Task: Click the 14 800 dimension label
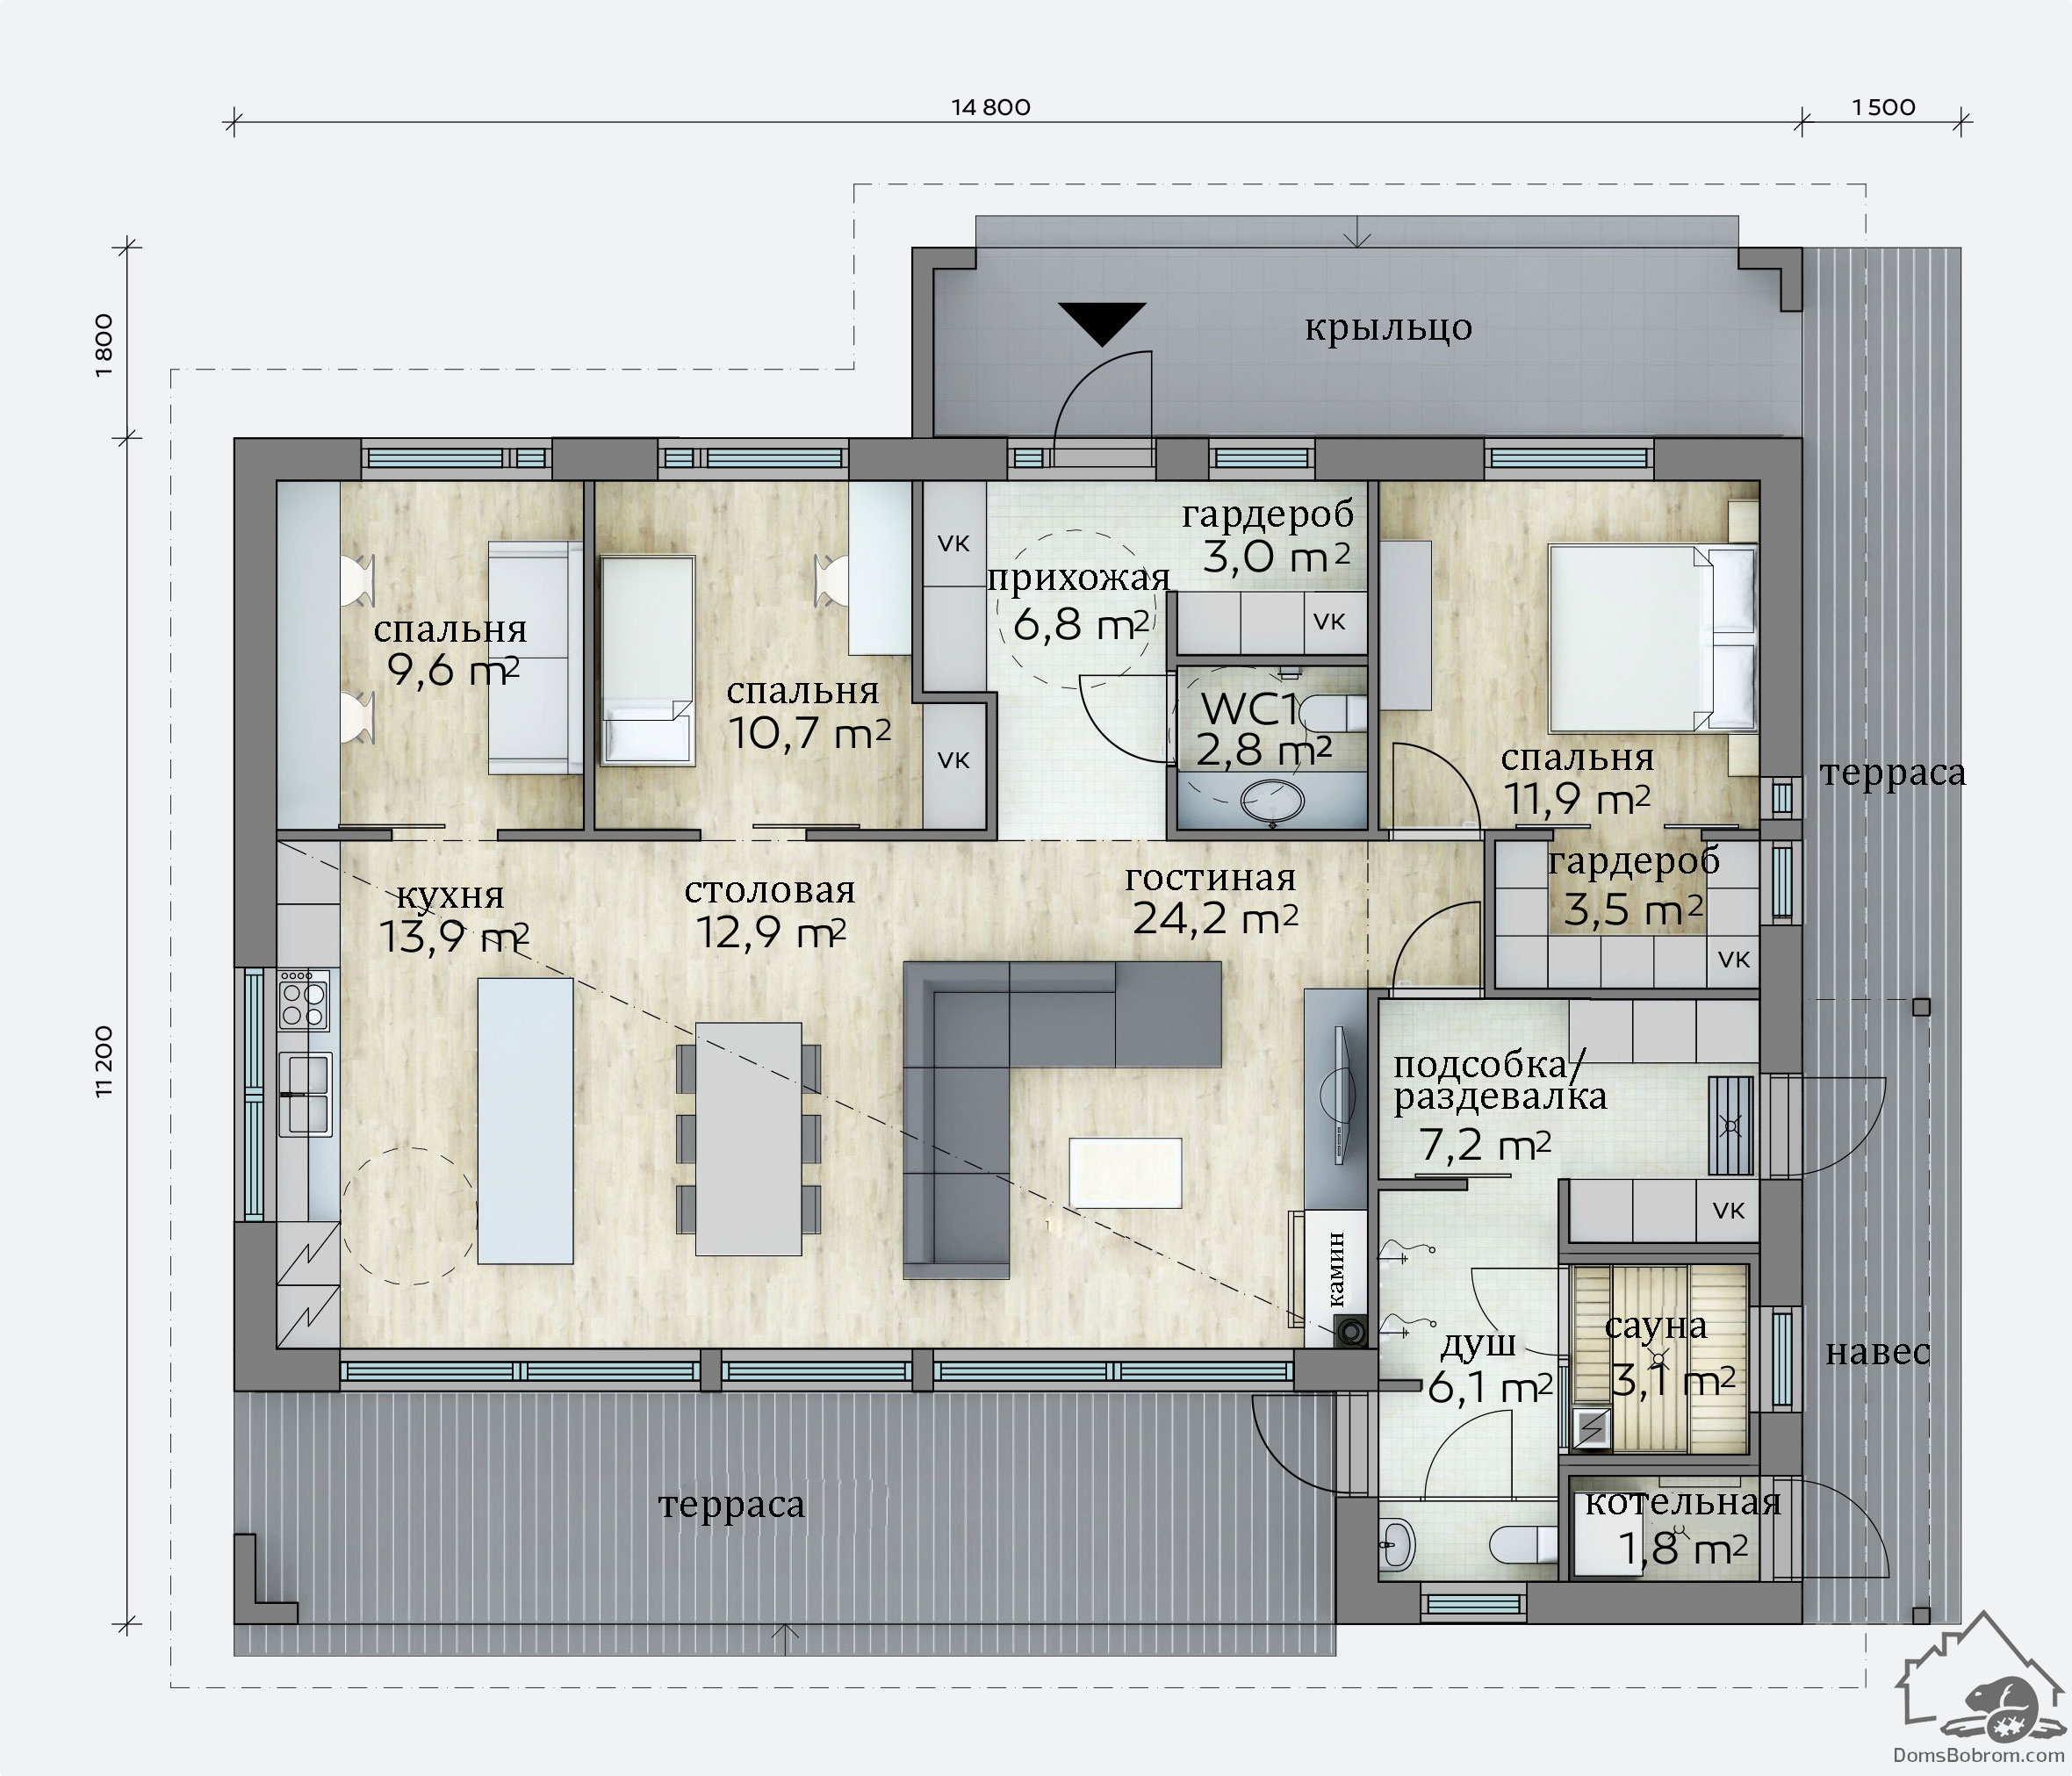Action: coord(990,107)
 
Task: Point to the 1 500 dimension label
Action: coord(1884,107)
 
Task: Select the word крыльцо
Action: coord(1388,329)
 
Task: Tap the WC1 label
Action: coord(1249,709)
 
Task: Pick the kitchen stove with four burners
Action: coord(304,1000)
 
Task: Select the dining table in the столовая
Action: coord(748,1138)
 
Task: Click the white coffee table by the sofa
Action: coord(1125,1173)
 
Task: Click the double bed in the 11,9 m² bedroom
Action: coord(1652,638)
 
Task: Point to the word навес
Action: coord(1878,1353)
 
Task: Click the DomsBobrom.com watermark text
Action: coord(1979,1755)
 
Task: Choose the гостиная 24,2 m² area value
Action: coord(1215,918)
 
